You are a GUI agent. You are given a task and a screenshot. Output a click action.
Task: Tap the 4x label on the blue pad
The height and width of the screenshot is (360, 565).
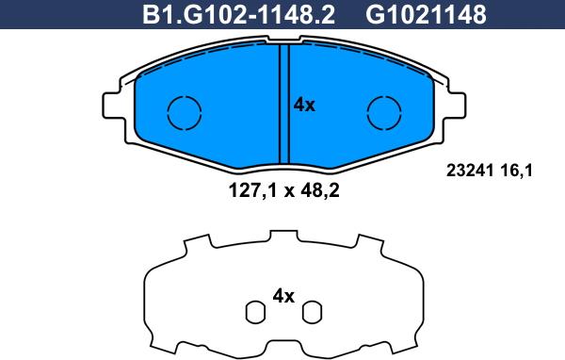(304, 106)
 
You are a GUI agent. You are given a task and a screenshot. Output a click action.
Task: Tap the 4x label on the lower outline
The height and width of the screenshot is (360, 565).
(283, 296)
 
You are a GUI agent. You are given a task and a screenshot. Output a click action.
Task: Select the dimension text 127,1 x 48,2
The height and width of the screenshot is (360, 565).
(283, 188)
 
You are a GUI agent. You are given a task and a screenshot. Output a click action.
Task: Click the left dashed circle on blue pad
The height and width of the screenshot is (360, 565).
(185, 112)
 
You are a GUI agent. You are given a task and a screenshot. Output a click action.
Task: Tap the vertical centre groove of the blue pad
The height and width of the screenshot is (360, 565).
(283, 104)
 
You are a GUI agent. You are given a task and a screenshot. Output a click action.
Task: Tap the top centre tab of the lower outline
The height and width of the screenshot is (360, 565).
(283, 236)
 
